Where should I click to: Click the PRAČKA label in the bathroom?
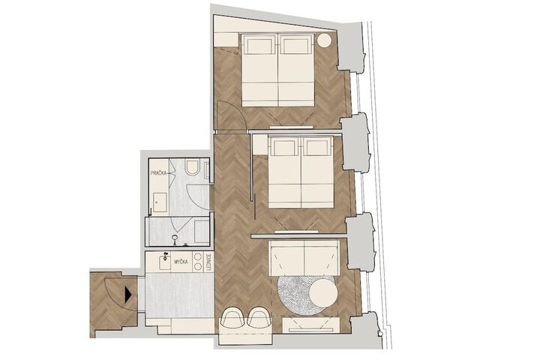158,173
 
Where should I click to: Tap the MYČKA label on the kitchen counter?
181,262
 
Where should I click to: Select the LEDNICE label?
208,262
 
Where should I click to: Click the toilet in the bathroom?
191,167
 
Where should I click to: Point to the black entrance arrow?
128,295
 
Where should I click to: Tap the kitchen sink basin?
165,262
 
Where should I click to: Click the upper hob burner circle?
198,256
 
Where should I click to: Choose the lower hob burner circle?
198,266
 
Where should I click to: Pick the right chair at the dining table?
259,316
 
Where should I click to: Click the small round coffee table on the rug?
323,292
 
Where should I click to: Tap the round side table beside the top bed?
324,40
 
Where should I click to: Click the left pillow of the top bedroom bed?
259,46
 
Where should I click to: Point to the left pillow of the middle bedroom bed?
285,148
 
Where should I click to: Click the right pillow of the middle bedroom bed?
316,148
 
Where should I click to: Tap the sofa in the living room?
304,258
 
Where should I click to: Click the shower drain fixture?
175,237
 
